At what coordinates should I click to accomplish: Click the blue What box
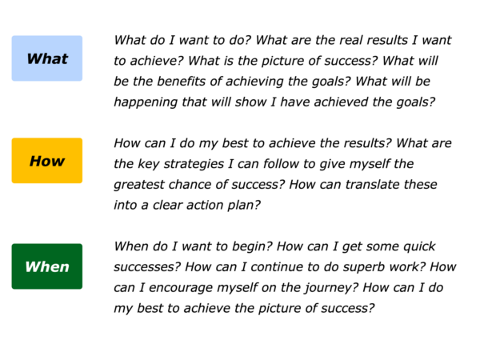pos(47,58)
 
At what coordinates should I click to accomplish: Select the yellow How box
pos(47,161)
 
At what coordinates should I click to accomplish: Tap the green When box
pos(47,266)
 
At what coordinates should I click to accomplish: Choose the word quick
pos(419,246)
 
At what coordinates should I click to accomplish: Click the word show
pos(250,102)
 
